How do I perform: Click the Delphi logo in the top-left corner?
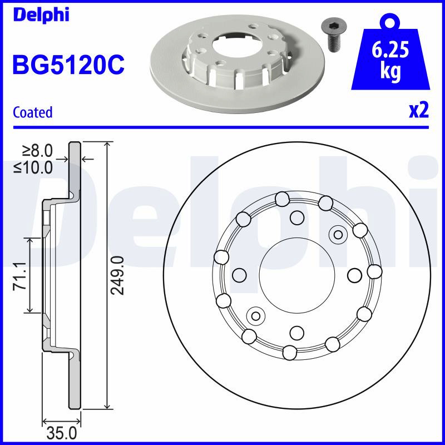pos(41,15)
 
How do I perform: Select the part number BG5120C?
pos(68,65)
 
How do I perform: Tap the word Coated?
pos(33,112)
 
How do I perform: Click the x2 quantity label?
pos(419,111)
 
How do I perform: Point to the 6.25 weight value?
pos(390,50)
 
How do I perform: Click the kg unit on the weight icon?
pos(390,72)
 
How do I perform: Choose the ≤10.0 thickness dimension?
pos(33,167)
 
